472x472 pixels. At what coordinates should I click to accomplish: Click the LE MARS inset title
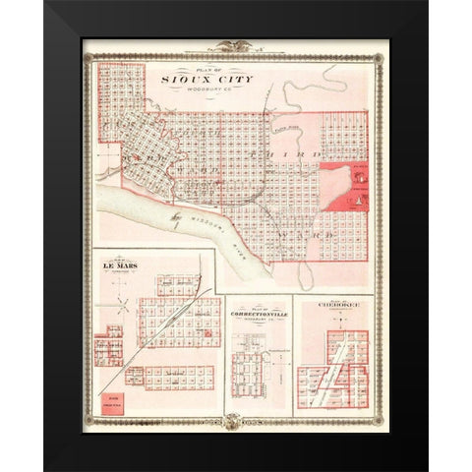tap(116, 265)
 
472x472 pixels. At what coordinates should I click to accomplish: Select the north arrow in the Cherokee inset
tap(314, 332)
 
